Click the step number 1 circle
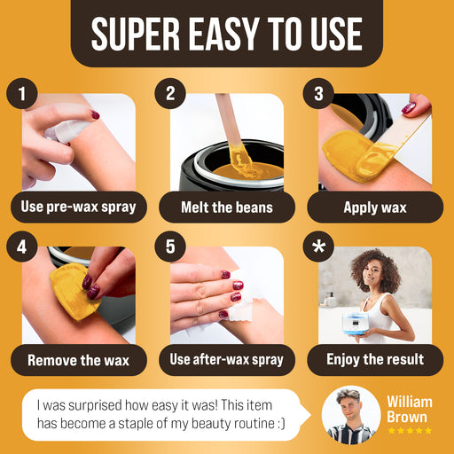pyautogui.click(x=22, y=93)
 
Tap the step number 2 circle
pyautogui.click(x=170, y=93)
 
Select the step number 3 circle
pyautogui.click(x=318, y=93)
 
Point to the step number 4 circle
pyautogui.click(x=22, y=247)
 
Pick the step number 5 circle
pyautogui.click(x=170, y=247)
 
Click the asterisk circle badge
pyautogui.click(x=318, y=247)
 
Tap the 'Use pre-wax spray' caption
pyautogui.click(x=79, y=207)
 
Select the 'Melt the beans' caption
pyautogui.click(x=227, y=207)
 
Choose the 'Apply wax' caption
pyautogui.click(x=375, y=207)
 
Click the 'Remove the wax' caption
pyautogui.click(x=79, y=360)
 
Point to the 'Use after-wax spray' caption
pyautogui.click(x=227, y=360)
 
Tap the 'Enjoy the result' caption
pyautogui.click(x=375, y=360)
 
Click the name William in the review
pyautogui.click(x=410, y=403)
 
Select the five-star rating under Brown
pyautogui.click(x=410, y=430)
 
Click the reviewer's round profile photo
pyautogui.click(x=351, y=415)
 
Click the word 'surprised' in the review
pyautogui.click(x=95, y=405)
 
